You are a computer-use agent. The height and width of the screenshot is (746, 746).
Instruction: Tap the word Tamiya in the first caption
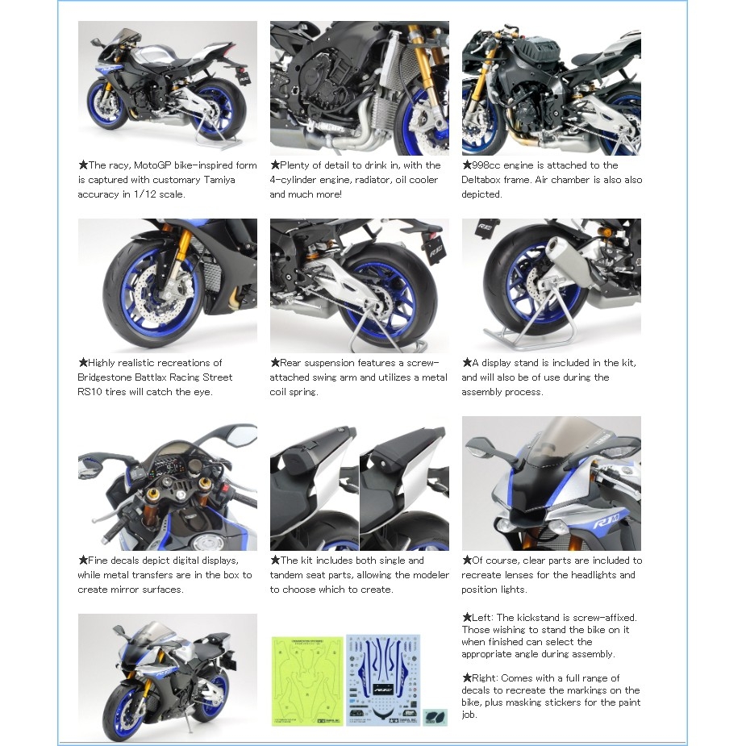(x=218, y=180)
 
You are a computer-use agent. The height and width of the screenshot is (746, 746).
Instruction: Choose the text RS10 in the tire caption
(x=90, y=392)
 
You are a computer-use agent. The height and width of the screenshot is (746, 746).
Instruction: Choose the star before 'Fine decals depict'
(x=82, y=561)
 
